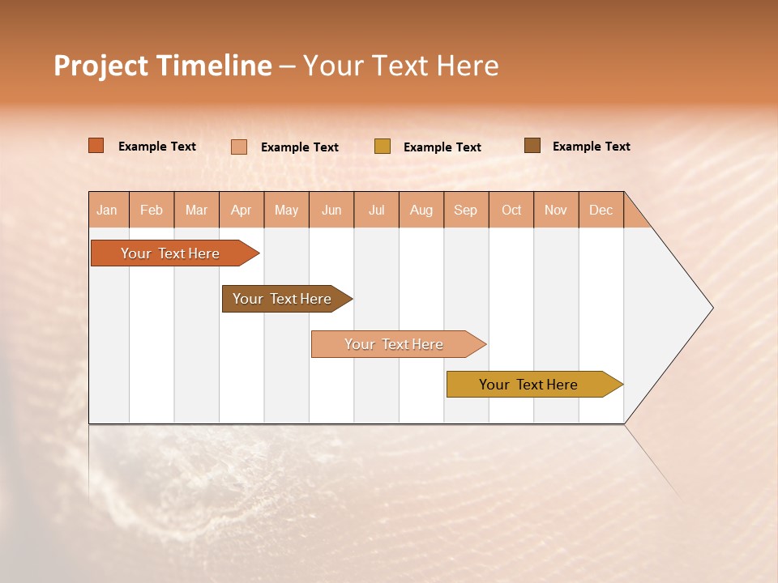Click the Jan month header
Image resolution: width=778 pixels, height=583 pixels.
coord(107,210)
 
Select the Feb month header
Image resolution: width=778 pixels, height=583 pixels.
coord(152,210)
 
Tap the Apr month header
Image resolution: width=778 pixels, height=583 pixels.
coord(241,210)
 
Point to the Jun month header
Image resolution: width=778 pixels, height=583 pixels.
coord(331,210)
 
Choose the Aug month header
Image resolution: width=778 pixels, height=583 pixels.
coord(421,210)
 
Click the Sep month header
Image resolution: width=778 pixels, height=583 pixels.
coord(465,210)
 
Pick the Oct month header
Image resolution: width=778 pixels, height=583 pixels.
coord(511,210)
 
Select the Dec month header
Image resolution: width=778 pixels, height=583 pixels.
coord(601,210)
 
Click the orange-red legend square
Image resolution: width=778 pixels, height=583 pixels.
coord(96,146)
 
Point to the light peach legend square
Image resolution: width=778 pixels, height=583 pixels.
coord(239,147)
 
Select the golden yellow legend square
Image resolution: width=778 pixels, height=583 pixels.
coord(383,147)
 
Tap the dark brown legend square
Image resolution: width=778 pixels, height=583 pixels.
coord(532,146)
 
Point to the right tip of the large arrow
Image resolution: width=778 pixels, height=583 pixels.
coord(711,308)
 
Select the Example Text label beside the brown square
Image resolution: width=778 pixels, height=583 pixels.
coord(591,147)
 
